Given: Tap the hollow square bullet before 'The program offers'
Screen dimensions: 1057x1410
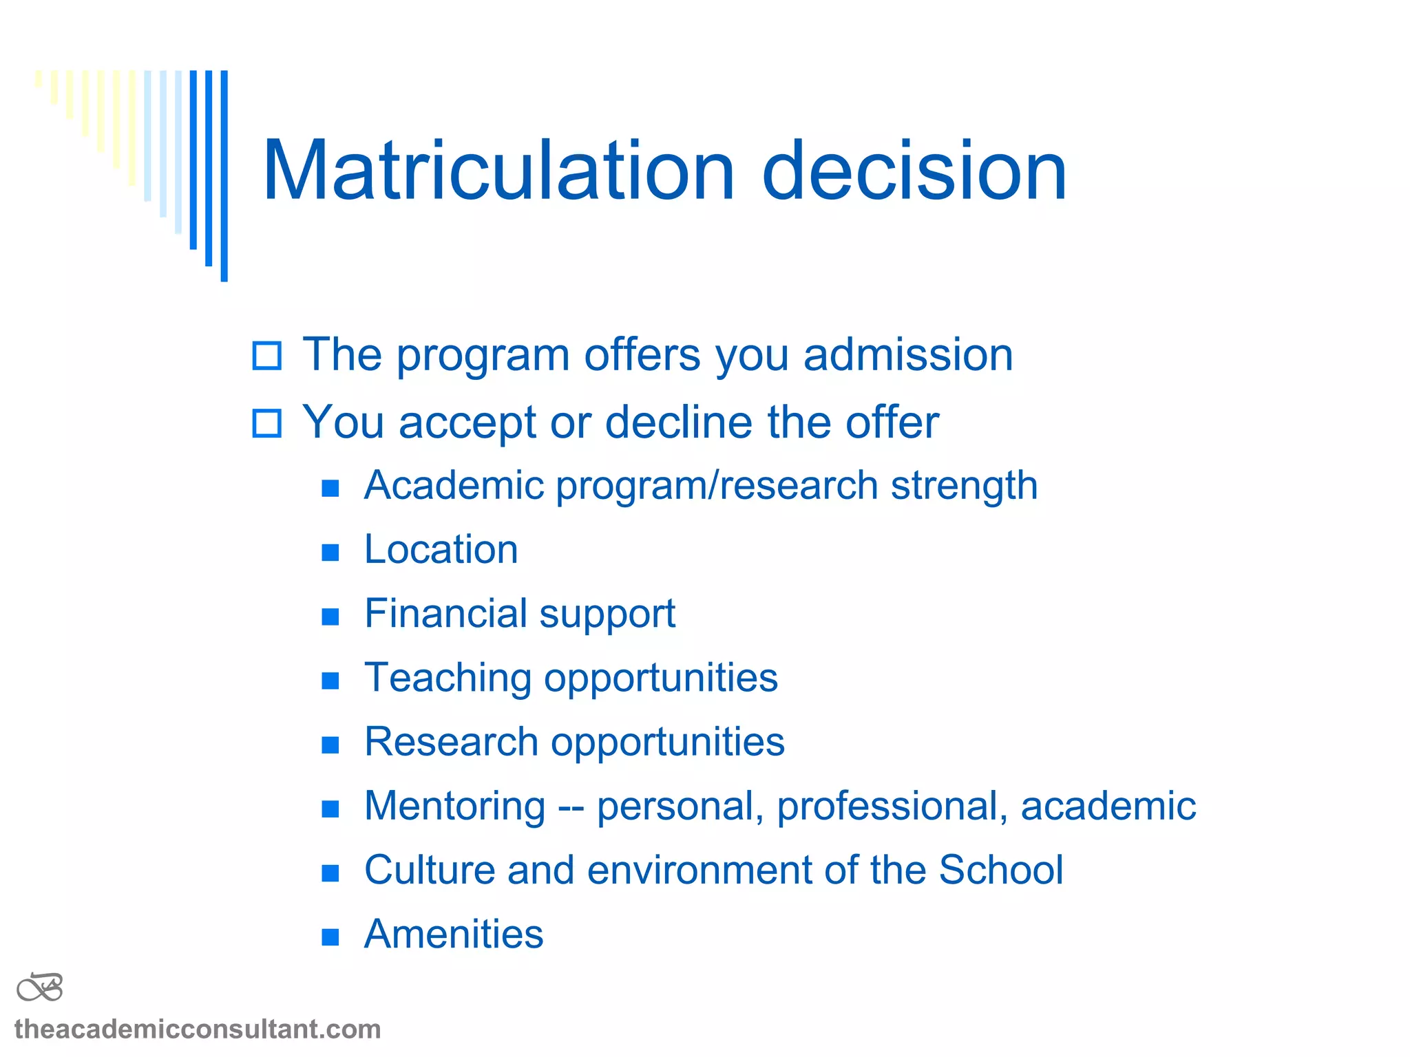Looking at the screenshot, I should pyautogui.click(x=267, y=356).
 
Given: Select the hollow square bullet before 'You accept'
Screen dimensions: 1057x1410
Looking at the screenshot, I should pyautogui.click(x=267, y=423).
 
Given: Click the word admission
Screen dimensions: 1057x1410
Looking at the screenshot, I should pyautogui.click(x=908, y=355).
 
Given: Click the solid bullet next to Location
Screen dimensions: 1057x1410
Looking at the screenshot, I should pyautogui.click(x=330, y=552).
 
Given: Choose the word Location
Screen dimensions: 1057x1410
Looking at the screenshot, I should pyautogui.click(x=441, y=550).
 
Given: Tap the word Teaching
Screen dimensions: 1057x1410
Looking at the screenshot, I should pyautogui.click(x=448, y=679).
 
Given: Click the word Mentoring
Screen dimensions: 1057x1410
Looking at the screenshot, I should pyautogui.click(x=454, y=807).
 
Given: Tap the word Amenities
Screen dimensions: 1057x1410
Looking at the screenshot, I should pyautogui.click(x=454, y=935).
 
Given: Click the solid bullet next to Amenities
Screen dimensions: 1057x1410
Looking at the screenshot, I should pyautogui.click(x=330, y=937).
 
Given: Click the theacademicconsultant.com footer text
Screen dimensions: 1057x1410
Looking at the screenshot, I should pyautogui.click(x=198, y=1029).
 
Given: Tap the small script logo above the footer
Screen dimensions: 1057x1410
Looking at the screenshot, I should pyautogui.click(x=40, y=987).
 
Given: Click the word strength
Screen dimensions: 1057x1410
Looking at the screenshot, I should pyautogui.click(x=964, y=486).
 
